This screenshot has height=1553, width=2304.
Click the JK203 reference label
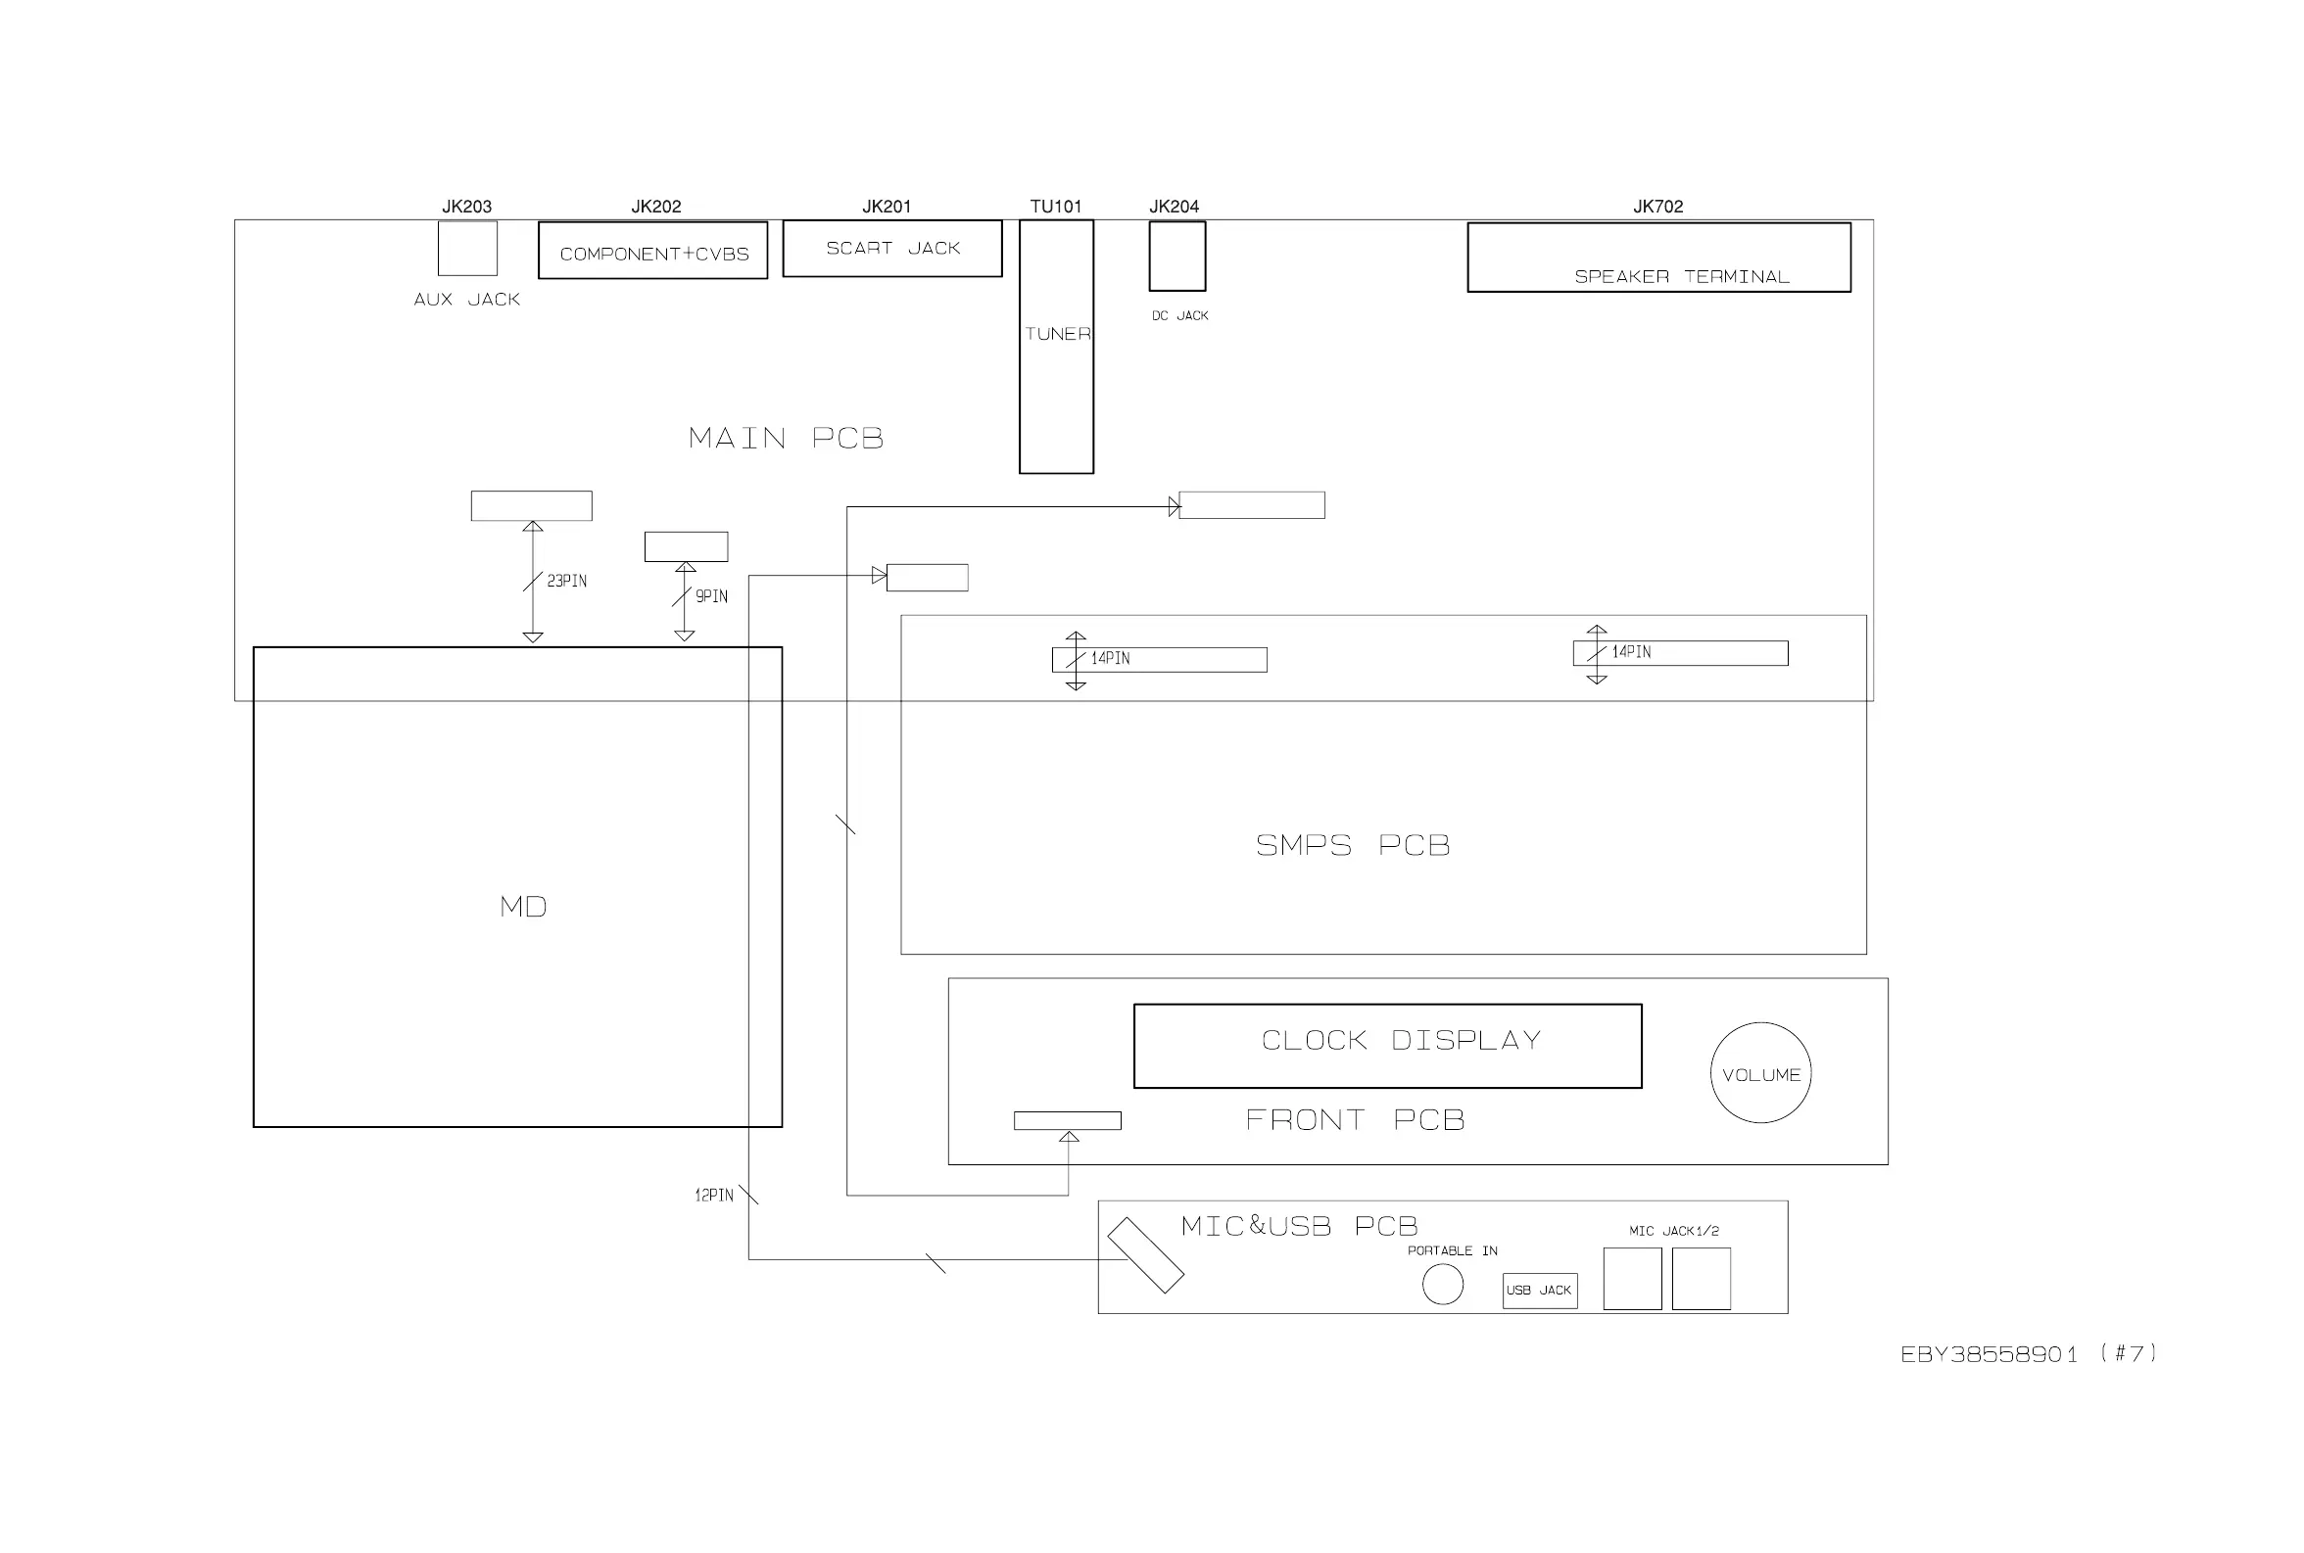point(466,206)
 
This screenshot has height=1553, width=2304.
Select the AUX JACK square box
point(467,248)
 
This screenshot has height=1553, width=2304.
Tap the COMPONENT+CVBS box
point(652,251)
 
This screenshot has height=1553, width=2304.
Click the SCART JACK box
point(891,248)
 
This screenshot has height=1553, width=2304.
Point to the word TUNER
point(1057,334)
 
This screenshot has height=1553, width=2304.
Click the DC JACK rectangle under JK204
point(1176,256)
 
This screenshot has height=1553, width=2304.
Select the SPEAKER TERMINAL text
point(1681,276)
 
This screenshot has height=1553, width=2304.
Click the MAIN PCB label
point(786,438)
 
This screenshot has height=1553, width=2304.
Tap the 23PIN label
point(566,581)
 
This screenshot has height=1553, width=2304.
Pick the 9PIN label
point(711,596)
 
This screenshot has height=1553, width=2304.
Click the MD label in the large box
point(523,907)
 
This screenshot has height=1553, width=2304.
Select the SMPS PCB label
point(1352,845)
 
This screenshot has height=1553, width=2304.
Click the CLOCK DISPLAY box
point(1387,1046)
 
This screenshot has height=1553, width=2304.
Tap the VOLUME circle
point(1760,1072)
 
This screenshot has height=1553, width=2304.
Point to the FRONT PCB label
point(1354,1120)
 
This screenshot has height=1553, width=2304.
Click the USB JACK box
point(1539,1290)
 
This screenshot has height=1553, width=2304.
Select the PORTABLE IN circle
point(1442,1285)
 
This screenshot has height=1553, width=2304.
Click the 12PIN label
point(713,1196)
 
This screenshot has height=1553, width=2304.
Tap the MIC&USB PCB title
point(1299,1226)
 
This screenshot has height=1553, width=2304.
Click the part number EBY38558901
point(1988,1354)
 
